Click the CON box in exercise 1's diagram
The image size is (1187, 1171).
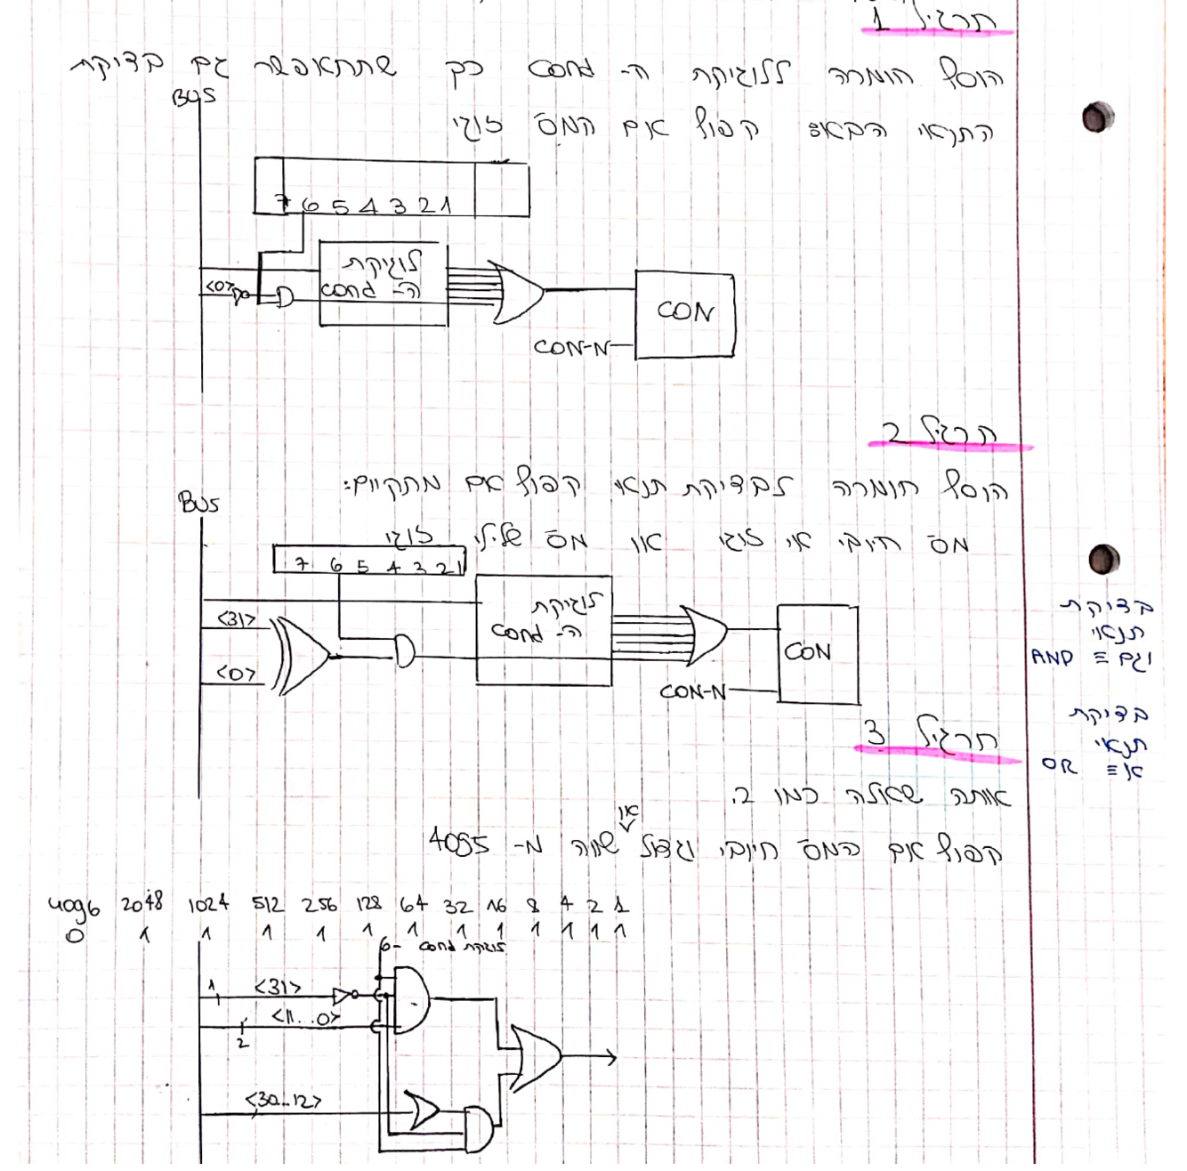click(x=684, y=314)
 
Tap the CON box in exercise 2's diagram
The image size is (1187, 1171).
click(x=817, y=653)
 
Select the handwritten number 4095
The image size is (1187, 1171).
click(x=457, y=841)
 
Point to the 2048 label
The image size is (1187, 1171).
click(x=142, y=904)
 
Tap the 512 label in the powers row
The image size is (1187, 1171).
click(x=268, y=905)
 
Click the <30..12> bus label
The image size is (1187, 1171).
click(x=283, y=1101)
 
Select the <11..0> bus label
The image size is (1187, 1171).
click(x=305, y=1016)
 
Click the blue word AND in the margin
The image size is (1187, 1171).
click(x=1052, y=658)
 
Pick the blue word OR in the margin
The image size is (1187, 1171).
click(x=1059, y=764)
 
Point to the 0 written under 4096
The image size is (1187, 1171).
click(x=75, y=935)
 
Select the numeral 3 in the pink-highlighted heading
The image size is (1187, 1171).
click(x=876, y=733)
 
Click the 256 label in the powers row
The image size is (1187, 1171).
click(x=319, y=905)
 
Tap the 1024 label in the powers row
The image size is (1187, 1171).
click(x=208, y=905)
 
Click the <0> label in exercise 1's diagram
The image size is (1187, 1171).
click(x=220, y=287)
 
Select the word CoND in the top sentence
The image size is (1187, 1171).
click(x=561, y=69)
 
